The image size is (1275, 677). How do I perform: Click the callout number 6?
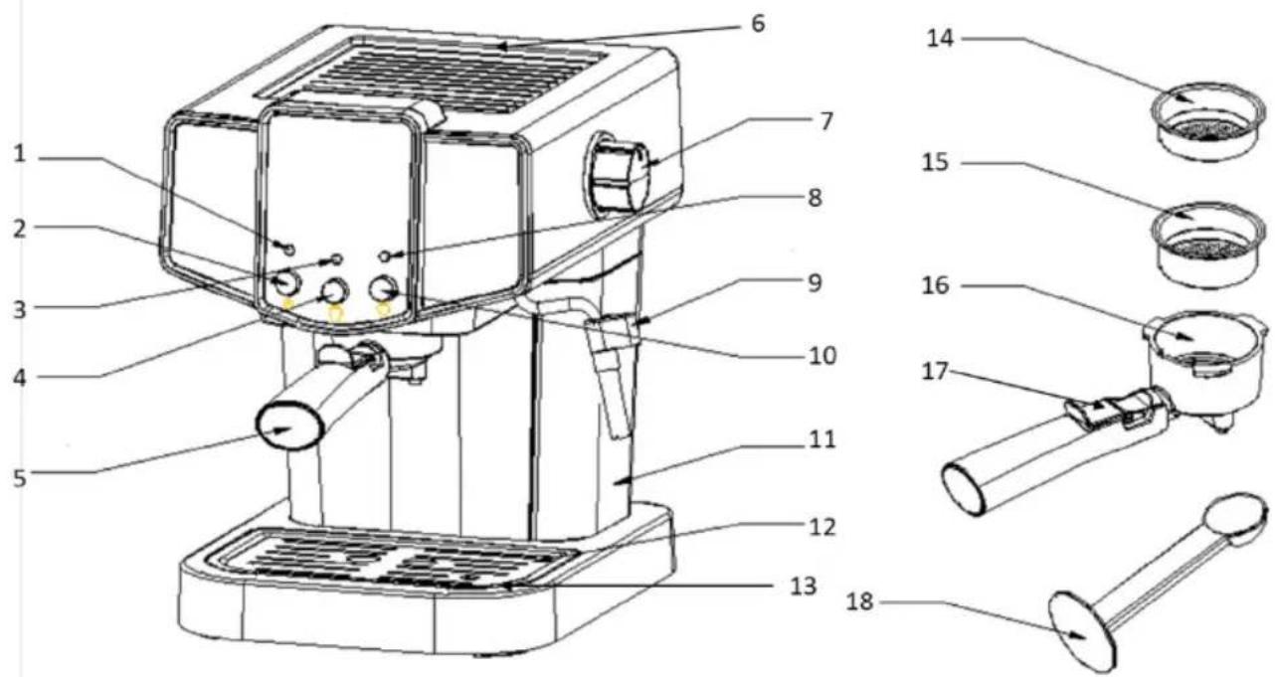[758, 24]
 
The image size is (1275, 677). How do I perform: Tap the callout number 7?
[825, 121]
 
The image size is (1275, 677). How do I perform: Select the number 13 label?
[804, 586]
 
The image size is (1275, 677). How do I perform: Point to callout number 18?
[859, 601]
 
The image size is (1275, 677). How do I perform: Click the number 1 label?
[20, 154]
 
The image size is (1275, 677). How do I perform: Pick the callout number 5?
[20, 478]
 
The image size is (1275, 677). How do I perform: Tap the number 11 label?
[821, 439]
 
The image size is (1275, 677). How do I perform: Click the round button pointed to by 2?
[286, 281]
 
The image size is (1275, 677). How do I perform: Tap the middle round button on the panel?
[335, 291]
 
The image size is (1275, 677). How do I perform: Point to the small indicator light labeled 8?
[385, 256]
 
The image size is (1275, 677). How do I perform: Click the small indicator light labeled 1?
[289, 250]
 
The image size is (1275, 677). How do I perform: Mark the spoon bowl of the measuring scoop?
[1236, 519]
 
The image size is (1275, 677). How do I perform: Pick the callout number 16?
[935, 285]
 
